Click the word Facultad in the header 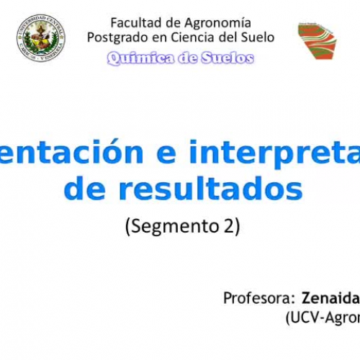coord(135,22)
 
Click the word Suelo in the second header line coord(256,37)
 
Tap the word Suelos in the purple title coord(227,58)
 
